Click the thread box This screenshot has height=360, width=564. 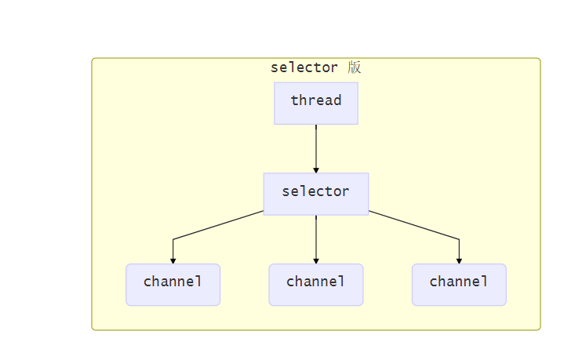pos(316,103)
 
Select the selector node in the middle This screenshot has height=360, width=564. pos(316,193)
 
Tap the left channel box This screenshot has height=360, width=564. pos(173,284)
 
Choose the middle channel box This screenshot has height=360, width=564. pos(316,284)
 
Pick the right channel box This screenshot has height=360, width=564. pos(459,284)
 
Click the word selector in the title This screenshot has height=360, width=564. pos(304,67)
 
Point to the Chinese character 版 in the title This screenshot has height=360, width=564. pos(354,67)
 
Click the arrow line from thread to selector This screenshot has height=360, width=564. pos(316,145)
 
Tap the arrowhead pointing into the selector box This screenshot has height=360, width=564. pos(316,169)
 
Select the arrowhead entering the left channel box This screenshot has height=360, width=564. pos(173,260)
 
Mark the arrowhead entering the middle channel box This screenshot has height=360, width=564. pos(316,260)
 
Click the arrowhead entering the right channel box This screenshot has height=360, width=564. pos(459,260)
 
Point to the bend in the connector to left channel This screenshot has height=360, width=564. pos(173,238)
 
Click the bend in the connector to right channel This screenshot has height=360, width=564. pos(459,238)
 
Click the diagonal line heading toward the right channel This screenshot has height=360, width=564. pos(413,225)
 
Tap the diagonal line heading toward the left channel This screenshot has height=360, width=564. pos(219,225)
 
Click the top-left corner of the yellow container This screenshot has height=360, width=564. pos(93,60)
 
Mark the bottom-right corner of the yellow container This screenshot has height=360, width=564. pos(539,329)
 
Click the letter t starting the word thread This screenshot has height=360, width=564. pos(294,100)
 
